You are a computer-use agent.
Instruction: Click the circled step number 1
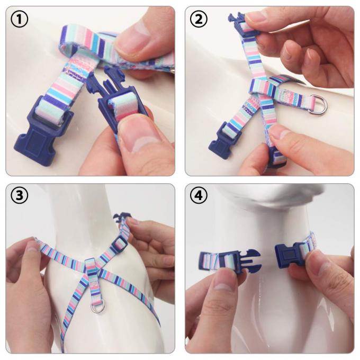(x=20, y=20)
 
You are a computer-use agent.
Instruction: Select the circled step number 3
(x=20, y=197)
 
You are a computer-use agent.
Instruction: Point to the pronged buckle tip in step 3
(x=122, y=217)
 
